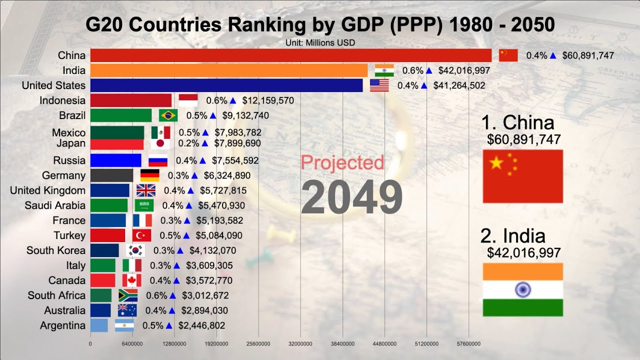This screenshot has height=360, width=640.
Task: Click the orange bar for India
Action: (229, 70)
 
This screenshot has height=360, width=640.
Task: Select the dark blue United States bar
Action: (226, 85)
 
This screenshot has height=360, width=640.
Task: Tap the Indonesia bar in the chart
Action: (131, 100)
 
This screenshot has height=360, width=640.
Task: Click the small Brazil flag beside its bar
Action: (168, 115)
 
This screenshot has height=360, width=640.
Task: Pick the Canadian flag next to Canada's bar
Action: (132, 280)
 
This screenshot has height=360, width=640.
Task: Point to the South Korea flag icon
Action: (135, 250)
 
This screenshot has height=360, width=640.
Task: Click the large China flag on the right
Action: (522, 176)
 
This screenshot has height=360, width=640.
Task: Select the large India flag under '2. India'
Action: (522, 289)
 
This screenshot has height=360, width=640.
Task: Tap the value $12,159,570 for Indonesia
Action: (268, 100)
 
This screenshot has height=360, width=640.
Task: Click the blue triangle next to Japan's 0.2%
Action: (204, 143)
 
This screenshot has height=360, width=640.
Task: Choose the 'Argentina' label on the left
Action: (63, 325)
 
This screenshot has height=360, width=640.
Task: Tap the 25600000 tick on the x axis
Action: (258, 344)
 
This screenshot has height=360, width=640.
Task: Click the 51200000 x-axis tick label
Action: (426, 344)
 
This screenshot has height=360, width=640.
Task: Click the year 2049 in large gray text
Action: (351, 196)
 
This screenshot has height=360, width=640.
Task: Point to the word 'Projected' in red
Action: (342, 162)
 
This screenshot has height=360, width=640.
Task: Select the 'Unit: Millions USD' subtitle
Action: (320, 43)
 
